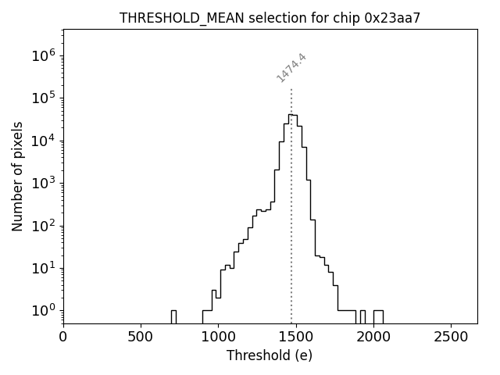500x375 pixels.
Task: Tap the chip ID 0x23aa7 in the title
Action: [392, 18]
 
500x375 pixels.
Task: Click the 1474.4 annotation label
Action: [291, 67]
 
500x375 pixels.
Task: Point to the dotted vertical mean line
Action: [291, 234]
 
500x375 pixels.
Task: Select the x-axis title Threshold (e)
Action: [270, 355]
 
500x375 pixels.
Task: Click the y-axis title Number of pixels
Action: [17, 176]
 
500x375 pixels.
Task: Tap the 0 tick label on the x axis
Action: [63, 337]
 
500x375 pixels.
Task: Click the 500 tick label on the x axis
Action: [141, 337]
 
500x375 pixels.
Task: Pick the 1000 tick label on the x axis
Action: [218, 337]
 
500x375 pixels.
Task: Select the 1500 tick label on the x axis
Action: [295, 337]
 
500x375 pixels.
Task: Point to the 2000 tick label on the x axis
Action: [373, 337]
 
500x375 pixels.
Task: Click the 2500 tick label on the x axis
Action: [450, 337]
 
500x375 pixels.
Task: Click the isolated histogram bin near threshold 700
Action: [173, 316]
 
